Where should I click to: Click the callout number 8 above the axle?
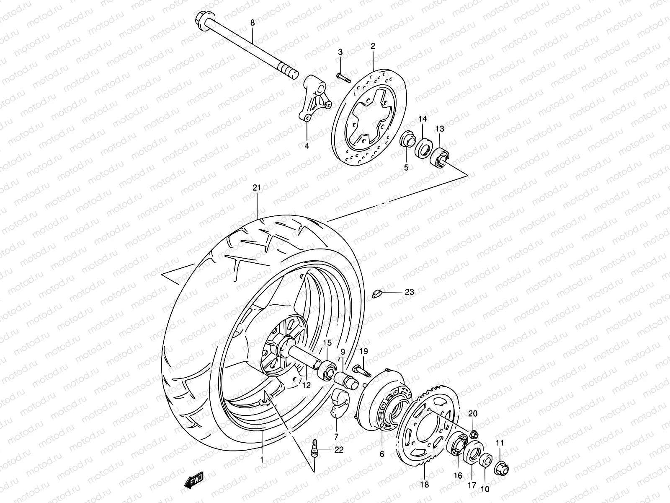click(252, 23)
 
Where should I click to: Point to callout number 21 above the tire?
click(256, 188)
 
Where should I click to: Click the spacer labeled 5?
click(407, 140)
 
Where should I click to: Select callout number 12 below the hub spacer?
click(307, 386)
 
